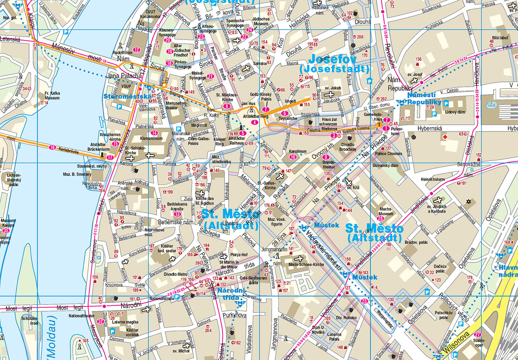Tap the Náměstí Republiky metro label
(x=424, y=98)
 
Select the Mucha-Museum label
(x=386, y=211)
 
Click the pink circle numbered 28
(x=380, y=219)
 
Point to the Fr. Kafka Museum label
(x=52, y=95)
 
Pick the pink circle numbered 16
(x=53, y=147)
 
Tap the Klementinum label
(x=151, y=138)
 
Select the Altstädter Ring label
(x=256, y=117)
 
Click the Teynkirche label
(x=288, y=118)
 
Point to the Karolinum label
(x=298, y=152)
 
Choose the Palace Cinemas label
(x=388, y=154)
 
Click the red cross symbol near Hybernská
(x=445, y=137)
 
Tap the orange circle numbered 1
(x=379, y=124)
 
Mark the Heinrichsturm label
(x=433, y=179)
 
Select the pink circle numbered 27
(x=478, y=334)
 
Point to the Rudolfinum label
(x=122, y=53)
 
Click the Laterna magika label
(x=125, y=322)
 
